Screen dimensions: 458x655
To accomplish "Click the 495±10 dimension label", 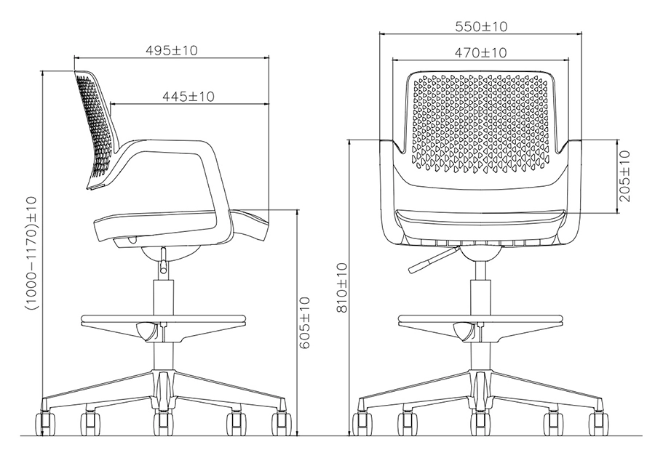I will coord(172,50).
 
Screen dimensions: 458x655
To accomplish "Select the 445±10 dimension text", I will coord(188,96).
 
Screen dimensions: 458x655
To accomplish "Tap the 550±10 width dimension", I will coord(480,26).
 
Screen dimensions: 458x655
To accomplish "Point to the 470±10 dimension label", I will coord(480,52).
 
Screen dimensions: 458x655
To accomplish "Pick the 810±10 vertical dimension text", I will coord(341,288).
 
